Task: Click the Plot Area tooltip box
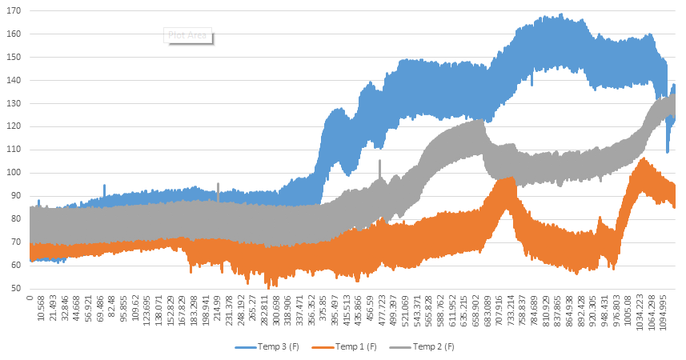(x=189, y=35)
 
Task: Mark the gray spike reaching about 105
(x=379, y=162)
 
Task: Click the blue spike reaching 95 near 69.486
(x=103, y=186)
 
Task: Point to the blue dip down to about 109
(x=668, y=150)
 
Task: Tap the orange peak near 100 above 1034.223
(x=643, y=160)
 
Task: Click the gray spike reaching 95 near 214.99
(x=218, y=185)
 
